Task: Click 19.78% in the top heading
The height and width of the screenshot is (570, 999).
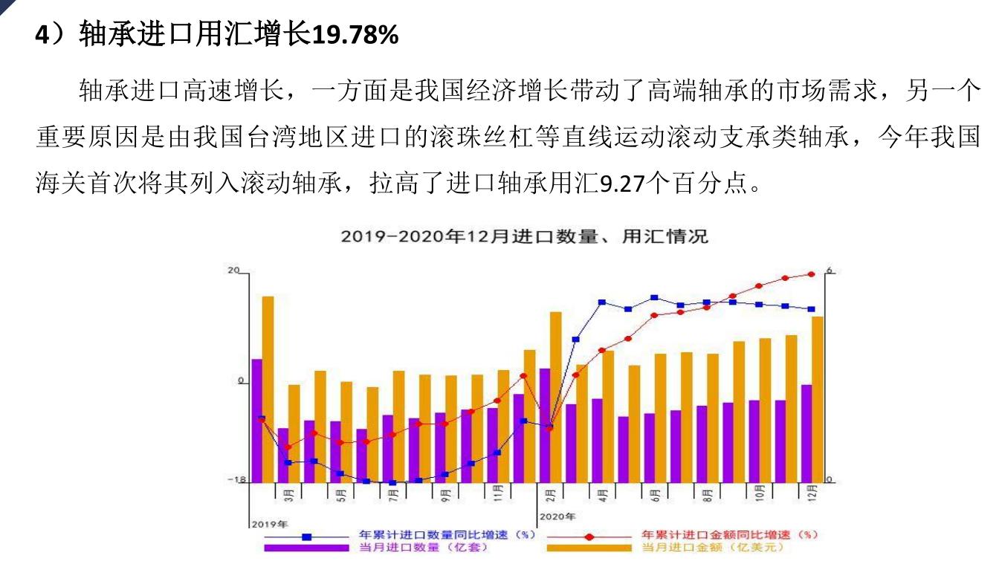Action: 355,35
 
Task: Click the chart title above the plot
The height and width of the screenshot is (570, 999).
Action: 524,237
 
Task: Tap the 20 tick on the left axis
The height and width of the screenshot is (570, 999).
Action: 233,271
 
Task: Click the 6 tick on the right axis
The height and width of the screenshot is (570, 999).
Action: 830,271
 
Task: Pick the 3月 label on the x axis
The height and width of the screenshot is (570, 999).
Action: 289,493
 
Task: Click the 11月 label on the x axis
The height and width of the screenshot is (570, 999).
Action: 497,493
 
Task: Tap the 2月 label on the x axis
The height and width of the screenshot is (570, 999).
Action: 551,493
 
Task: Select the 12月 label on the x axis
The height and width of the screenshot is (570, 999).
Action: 812,493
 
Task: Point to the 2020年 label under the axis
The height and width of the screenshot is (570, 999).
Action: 557,516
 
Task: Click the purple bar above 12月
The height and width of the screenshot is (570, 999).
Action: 806,433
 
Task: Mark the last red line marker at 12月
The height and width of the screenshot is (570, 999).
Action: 812,274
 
